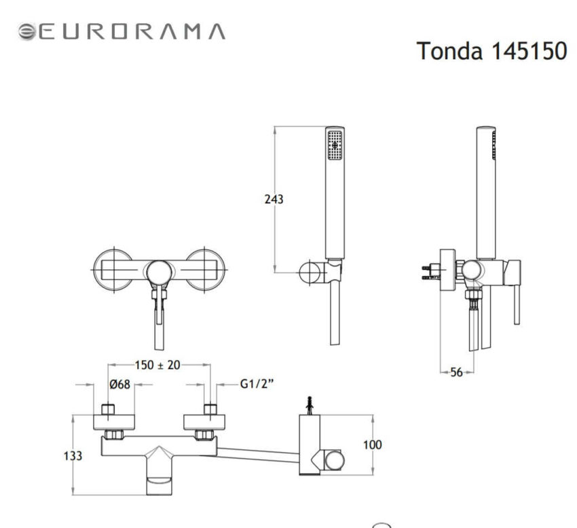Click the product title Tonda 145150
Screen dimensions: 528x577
point(491,51)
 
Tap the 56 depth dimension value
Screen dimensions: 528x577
point(456,372)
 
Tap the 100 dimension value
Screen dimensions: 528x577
point(373,445)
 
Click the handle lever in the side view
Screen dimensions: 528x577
point(517,299)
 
